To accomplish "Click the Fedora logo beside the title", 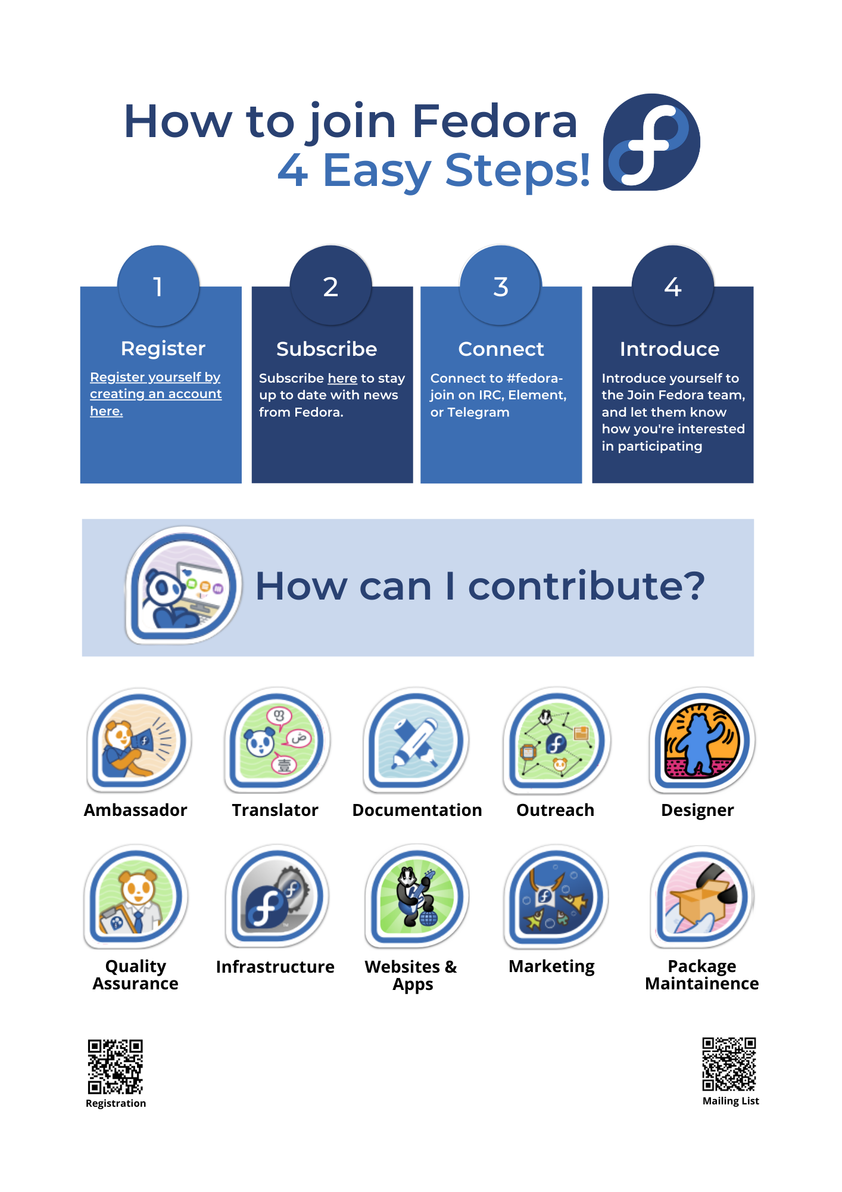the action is pos(651,142).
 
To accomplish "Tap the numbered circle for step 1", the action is pos(158,285).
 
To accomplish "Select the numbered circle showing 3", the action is pos(501,285).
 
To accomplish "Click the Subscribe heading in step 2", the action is pos(326,349).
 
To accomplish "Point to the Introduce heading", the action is pos(669,349).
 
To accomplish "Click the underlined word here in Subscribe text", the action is pos(342,378).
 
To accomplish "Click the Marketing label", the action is pos(551,967).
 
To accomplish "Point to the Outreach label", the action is pos(555,810).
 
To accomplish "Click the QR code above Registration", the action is pos(116,1067).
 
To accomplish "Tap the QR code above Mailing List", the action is pos(729,1064).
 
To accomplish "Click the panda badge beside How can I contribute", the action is pos(183,585).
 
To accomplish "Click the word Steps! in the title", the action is pos(517,170).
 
